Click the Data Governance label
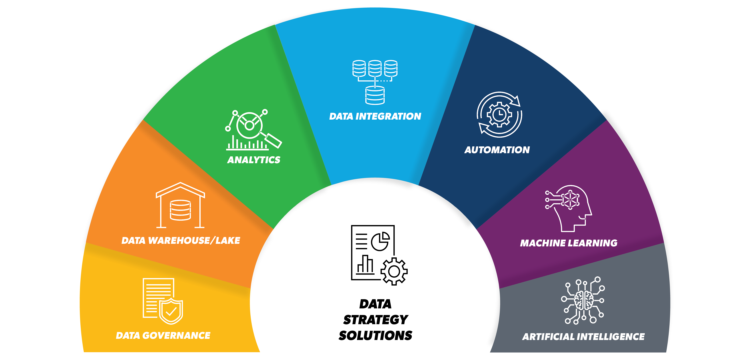pyautogui.click(x=163, y=336)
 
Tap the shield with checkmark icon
pyautogui.click(x=171, y=311)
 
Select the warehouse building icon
pyautogui.click(x=180, y=205)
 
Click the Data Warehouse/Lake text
pyautogui.click(x=181, y=241)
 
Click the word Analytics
pyautogui.click(x=254, y=160)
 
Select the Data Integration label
pyautogui.click(x=375, y=117)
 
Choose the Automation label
pyautogui.click(x=497, y=150)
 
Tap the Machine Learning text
pyautogui.click(x=569, y=243)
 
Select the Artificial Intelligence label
pyautogui.click(x=583, y=337)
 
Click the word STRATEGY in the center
pyautogui.click(x=375, y=320)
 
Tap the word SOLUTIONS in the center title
pyautogui.click(x=375, y=336)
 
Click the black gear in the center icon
pyautogui.click(x=394, y=271)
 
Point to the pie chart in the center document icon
pyautogui.click(x=380, y=241)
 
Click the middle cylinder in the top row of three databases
pyautogui.click(x=375, y=68)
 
